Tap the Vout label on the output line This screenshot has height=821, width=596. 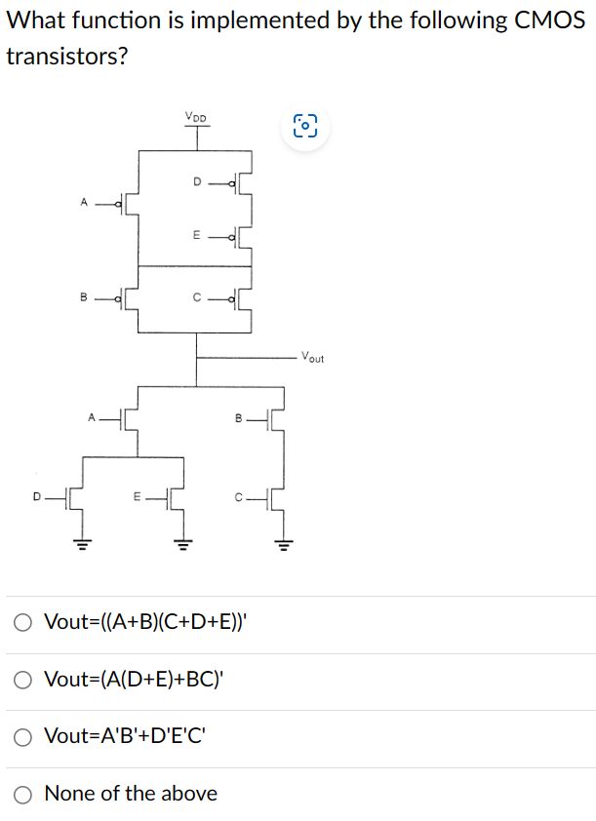click(313, 357)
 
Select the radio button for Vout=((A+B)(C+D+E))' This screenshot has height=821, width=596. click(23, 622)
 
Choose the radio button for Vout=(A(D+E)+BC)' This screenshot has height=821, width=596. click(23, 680)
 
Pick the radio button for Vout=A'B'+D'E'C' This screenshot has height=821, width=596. click(23, 736)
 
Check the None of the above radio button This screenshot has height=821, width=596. click(23, 794)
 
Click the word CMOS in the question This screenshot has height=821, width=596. click(550, 20)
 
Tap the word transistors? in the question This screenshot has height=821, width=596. click(66, 57)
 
